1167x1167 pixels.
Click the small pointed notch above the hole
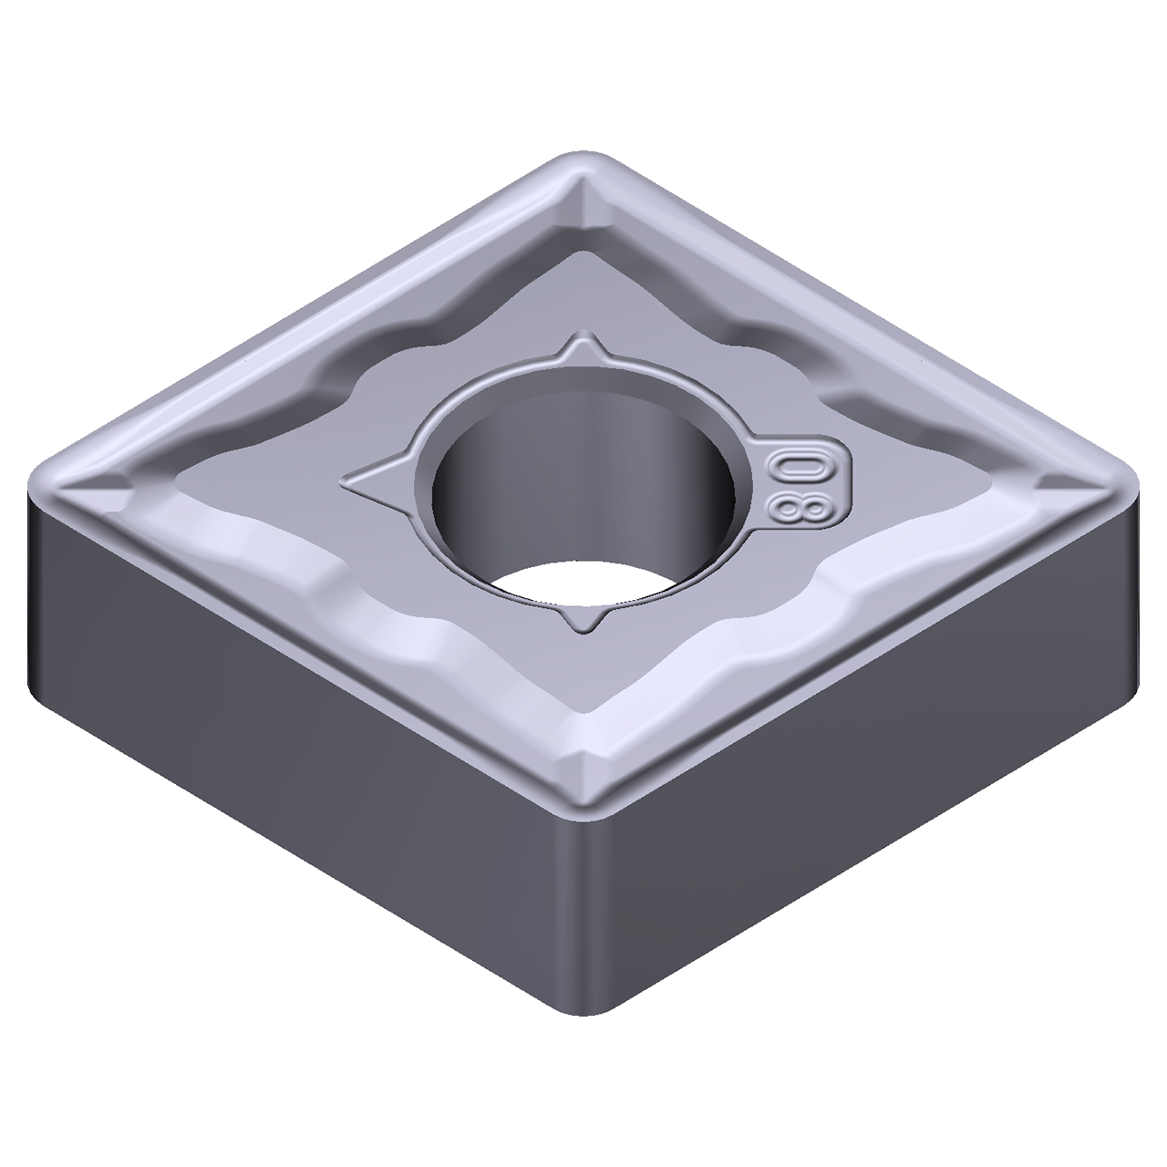click(x=582, y=351)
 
